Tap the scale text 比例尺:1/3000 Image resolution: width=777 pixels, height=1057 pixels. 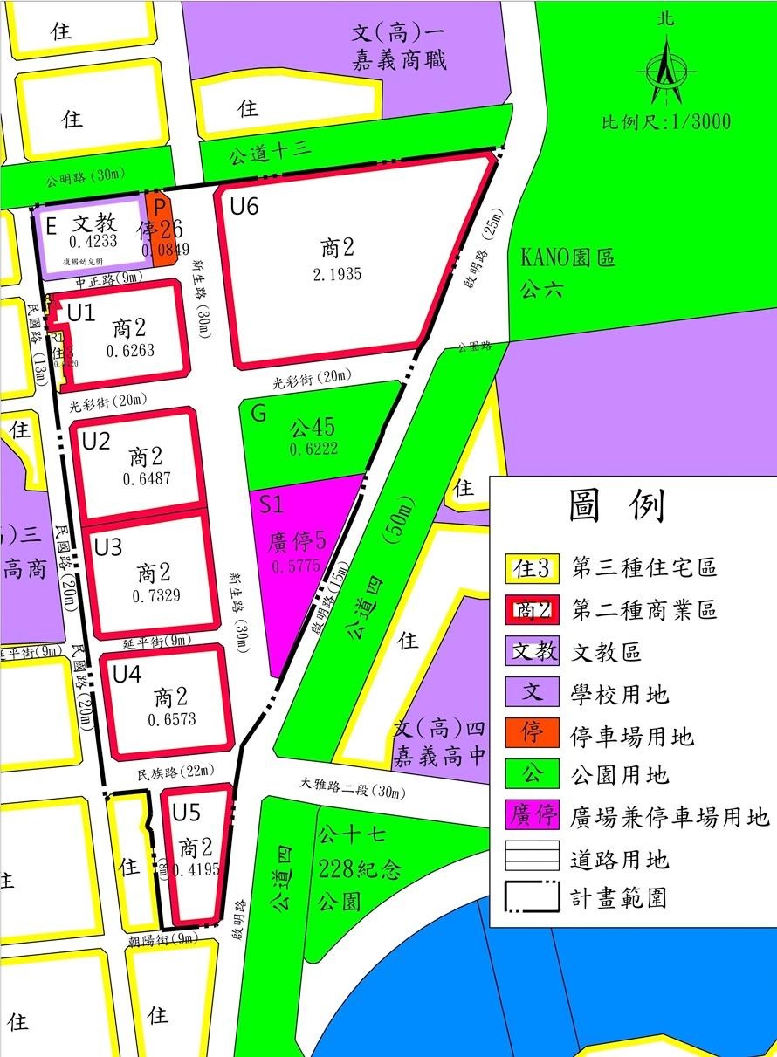pos(666,121)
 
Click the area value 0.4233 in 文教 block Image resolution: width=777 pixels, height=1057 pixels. pos(93,242)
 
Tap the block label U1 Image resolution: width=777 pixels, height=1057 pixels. pos(80,312)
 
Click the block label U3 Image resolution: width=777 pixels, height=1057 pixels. pos(108,547)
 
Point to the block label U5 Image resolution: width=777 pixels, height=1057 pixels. pos(186,813)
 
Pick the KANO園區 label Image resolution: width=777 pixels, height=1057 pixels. pos(568,258)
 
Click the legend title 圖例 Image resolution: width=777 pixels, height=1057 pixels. pos(616,505)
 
